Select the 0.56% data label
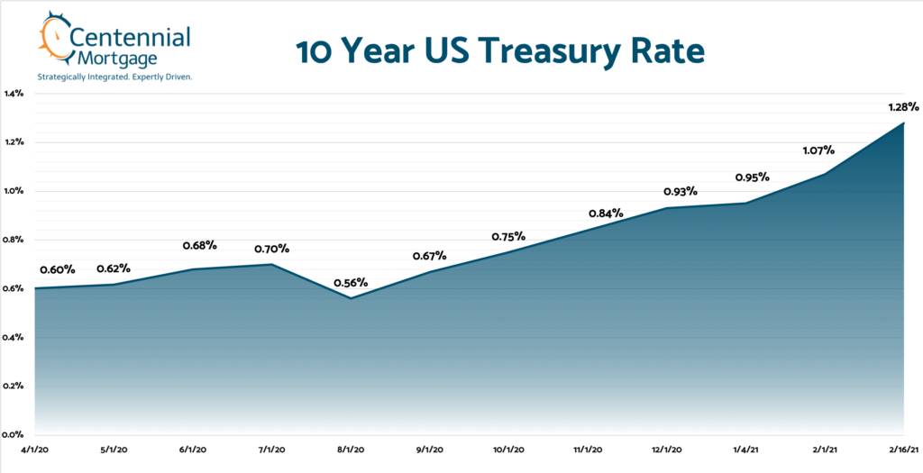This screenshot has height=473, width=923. pos(351,282)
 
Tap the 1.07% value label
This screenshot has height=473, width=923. pos(818,150)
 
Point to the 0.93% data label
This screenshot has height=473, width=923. pos(681,192)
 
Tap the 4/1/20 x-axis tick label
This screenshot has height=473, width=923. pos(36,448)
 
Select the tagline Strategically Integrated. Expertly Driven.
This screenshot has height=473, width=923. pos(114,77)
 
